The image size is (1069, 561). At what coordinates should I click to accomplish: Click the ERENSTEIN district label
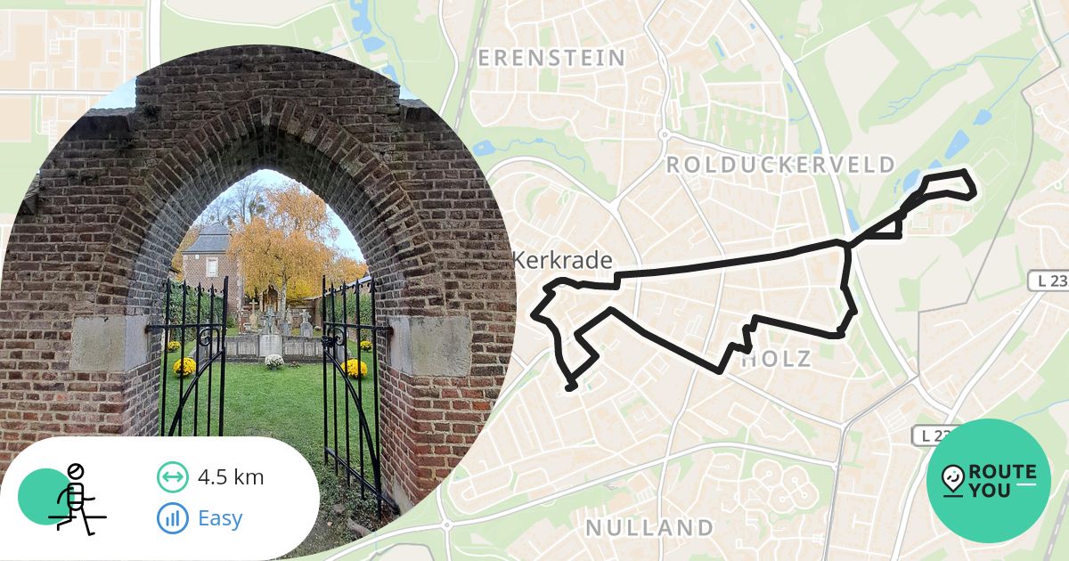click(x=551, y=59)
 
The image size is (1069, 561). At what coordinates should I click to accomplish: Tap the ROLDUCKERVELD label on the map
click(x=780, y=165)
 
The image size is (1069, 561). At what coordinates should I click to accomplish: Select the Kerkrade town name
click(x=563, y=261)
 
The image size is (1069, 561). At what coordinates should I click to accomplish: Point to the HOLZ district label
click(x=776, y=360)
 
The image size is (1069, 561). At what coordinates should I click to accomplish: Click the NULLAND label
click(x=649, y=527)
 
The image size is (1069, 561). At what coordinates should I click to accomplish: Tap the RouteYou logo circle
click(x=989, y=481)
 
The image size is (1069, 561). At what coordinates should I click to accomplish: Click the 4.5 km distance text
click(x=231, y=477)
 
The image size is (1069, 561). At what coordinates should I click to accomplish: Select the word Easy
click(x=220, y=517)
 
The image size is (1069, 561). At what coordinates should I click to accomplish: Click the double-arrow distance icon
click(x=172, y=477)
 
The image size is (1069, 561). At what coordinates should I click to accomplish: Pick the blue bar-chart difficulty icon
click(x=172, y=517)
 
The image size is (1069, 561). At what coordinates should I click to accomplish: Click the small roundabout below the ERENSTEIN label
click(x=664, y=134)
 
